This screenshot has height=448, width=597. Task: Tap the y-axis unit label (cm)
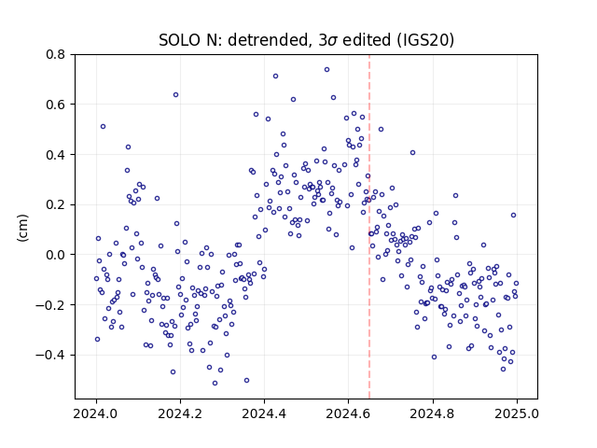(22, 228)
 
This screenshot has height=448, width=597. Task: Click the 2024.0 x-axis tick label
(96, 413)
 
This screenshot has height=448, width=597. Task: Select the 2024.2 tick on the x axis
(180, 413)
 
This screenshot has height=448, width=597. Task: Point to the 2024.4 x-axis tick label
(264, 413)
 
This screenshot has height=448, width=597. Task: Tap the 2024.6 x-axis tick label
(348, 413)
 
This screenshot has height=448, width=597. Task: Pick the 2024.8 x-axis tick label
(432, 413)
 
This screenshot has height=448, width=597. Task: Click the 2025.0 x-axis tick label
(517, 413)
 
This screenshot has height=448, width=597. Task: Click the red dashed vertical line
(369, 227)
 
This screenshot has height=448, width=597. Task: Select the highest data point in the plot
(326, 70)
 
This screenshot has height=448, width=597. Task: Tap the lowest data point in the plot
(215, 383)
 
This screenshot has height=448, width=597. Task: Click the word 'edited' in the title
(367, 40)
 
